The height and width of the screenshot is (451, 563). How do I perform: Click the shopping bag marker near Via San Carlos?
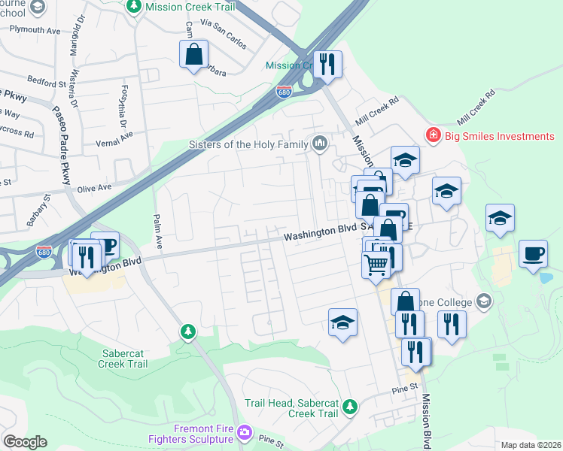pyautogui.click(x=193, y=54)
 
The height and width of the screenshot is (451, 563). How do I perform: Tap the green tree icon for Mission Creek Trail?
pyautogui.click(x=134, y=7)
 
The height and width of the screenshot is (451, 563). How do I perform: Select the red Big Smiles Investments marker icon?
pyautogui.click(x=432, y=136)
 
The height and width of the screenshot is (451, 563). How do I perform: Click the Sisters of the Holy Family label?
pyautogui.click(x=248, y=144)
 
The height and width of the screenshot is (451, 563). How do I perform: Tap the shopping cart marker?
pyautogui.click(x=376, y=263)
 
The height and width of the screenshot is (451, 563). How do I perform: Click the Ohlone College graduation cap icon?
pyautogui.click(x=483, y=302)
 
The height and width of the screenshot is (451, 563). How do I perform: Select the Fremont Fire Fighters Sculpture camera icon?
pyautogui.click(x=243, y=433)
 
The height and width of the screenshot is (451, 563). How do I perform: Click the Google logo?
pyautogui.click(x=25, y=442)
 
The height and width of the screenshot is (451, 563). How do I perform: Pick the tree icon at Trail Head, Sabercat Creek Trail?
pyautogui.click(x=349, y=406)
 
